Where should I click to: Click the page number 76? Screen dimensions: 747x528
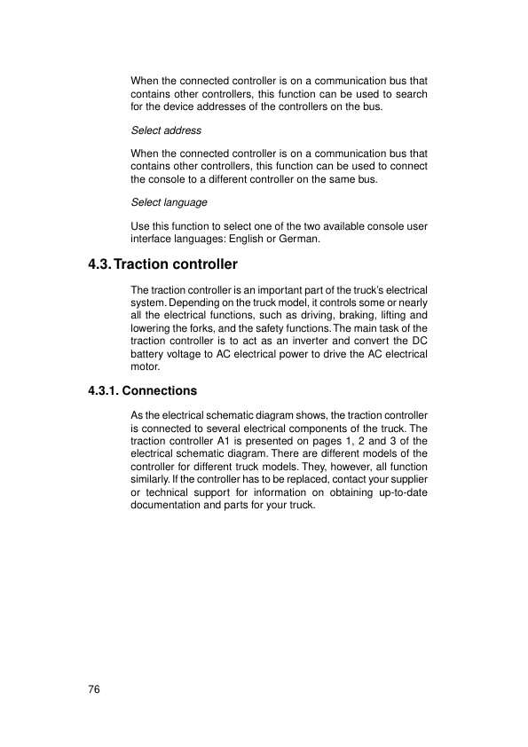tap(94, 689)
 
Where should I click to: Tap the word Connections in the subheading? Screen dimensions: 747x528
tap(160, 390)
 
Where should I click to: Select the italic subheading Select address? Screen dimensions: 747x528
tap(166, 130)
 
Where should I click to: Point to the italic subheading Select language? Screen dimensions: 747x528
tap(169, 202)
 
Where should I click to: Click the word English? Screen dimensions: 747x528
tap(253, 240)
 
